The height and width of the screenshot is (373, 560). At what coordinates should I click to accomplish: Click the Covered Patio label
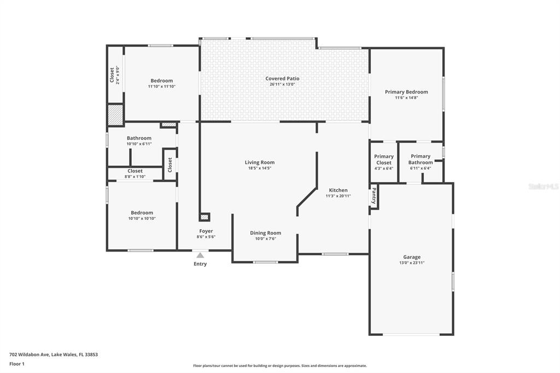point(282,79)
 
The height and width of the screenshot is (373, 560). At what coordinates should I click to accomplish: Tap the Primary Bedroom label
point(406,92)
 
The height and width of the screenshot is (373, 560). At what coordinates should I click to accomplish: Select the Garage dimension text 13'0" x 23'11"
point(412,263)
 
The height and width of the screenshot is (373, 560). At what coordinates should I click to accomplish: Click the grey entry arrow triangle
point(200,255)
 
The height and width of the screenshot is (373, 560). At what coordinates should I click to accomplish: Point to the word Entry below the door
point(200,264)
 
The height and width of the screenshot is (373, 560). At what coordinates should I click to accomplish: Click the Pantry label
point(374,196)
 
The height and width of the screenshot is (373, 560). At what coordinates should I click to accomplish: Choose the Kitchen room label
point(338,190)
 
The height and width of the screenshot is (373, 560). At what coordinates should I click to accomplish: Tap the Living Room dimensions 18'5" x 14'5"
point(260,168)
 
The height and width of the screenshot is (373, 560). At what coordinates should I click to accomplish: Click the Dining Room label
point(265,233)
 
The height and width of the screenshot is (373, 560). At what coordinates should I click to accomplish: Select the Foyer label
point(206,231)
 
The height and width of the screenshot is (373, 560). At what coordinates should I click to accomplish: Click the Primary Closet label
point(384,159)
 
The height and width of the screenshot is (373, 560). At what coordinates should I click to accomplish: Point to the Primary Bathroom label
point(421,159)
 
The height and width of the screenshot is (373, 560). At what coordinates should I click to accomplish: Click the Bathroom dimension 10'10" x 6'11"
point(139,144)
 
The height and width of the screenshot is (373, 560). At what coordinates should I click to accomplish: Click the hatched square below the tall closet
point(115,114)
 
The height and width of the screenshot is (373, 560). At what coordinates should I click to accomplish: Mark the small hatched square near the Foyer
point(205,217)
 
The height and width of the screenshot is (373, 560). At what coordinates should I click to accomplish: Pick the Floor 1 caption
point(17,364)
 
